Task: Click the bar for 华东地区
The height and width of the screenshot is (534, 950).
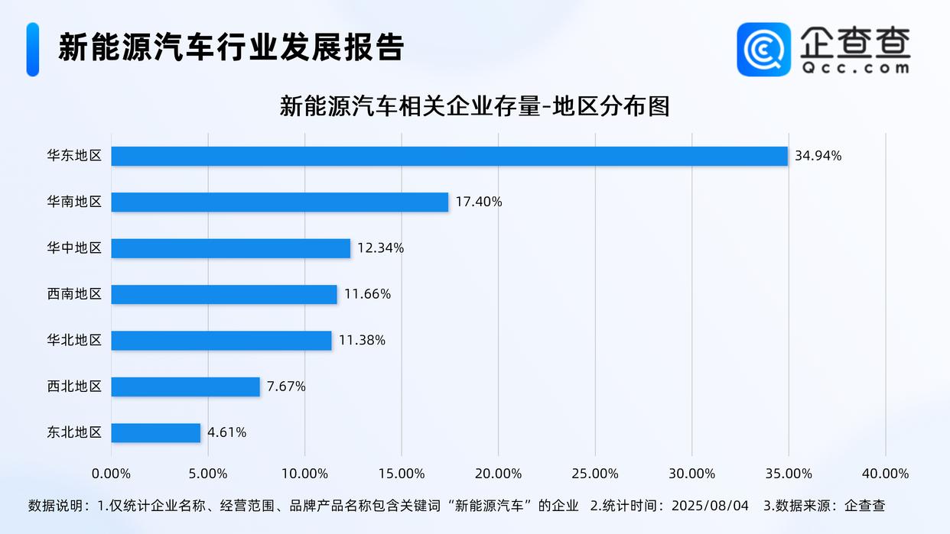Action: (449, 156)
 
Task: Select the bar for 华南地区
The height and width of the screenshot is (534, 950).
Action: (279, 202)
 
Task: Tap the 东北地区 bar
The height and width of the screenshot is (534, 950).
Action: (155, 432)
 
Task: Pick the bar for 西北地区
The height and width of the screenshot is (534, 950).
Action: (185, 387)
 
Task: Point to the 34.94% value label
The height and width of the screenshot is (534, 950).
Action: (818, 156)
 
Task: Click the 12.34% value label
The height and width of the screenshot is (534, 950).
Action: (380, 248)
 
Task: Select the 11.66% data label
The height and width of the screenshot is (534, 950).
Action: (367, 294)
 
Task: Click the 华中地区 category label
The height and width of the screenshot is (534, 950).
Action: (74, 248)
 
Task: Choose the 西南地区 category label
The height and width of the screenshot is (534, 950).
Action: (74, 294)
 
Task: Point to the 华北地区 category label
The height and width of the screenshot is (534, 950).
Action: (74, 340)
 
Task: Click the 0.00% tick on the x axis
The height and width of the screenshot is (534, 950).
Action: (111, 474)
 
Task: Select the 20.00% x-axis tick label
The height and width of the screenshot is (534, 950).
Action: (498, 474)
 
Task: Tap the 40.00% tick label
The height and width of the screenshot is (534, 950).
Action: (885, 474)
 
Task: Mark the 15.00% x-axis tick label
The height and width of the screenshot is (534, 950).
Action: (402, 474)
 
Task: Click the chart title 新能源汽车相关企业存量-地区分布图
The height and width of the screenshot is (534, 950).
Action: (474, 106)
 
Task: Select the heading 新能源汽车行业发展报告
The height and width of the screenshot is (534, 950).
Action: (231, 47)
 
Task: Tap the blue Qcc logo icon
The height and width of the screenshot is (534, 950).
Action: (763, 49)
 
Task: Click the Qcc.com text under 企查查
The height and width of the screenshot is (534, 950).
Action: (855, 67)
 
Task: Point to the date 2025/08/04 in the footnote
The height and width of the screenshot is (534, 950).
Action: (710, 506)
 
